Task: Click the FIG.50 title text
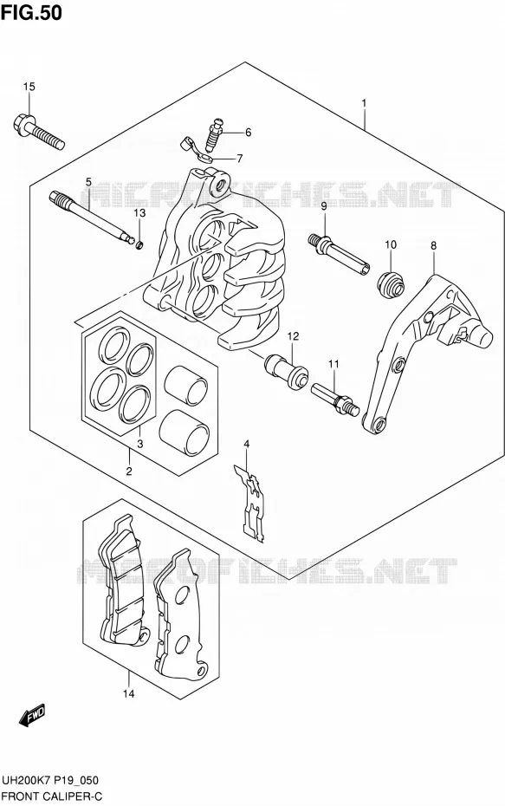tap(31, 12)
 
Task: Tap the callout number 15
tap(29, 87)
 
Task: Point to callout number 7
tap(239, 159)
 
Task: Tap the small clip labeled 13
tap(139, 244)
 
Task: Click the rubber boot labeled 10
tap(392, 284)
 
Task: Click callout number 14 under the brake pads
tap(128, 694)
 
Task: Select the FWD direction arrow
tap(32, 716)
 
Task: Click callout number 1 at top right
tap(364, 103)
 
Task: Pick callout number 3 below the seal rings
tap(139, 444)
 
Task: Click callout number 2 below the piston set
tap(128, 471)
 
